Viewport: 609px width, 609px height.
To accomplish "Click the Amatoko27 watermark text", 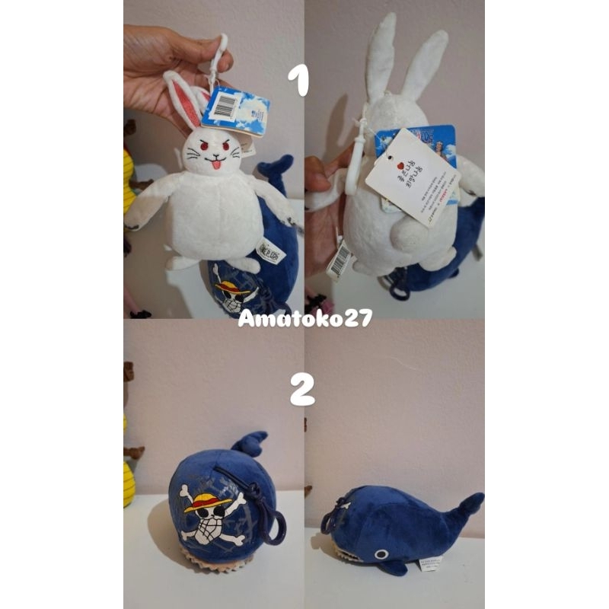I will tap(304, 318).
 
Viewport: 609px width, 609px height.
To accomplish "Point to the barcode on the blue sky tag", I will tap(224, 107).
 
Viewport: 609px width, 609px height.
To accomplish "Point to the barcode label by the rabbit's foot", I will tap(340, 260).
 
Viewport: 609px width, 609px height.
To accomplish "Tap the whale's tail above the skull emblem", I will tap(250, 443).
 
